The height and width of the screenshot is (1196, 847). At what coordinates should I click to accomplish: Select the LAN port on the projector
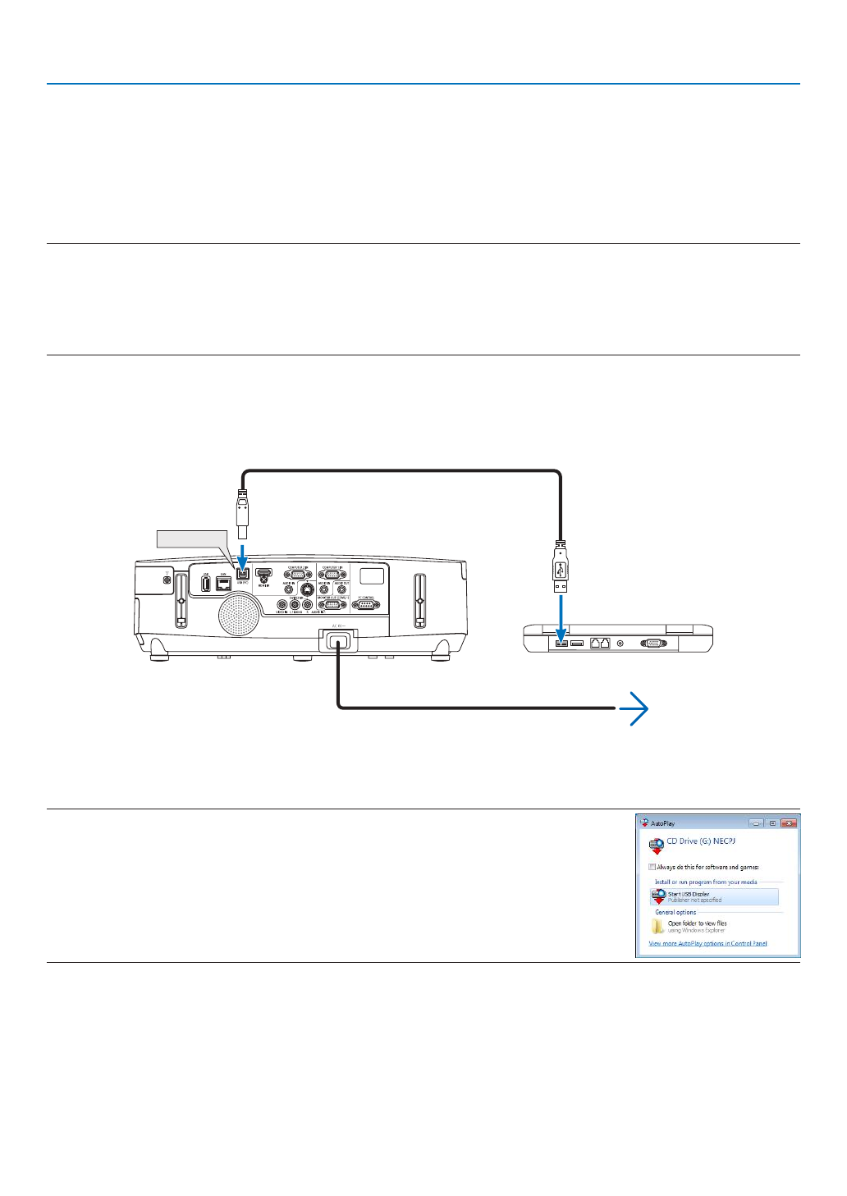pos(222,584)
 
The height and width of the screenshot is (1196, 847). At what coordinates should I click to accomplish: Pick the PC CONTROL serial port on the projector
pos(365,605)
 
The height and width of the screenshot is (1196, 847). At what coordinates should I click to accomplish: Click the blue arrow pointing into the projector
pos(242,553)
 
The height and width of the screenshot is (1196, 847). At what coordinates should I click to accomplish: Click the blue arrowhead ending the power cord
pos(636,708)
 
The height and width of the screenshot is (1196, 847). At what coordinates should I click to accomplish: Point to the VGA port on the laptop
pos(652,643)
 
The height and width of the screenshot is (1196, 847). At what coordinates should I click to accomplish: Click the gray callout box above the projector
pos(190,538)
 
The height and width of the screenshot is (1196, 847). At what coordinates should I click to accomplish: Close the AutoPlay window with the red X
pos(789,823)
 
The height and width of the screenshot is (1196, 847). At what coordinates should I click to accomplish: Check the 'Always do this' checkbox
pos(652,867)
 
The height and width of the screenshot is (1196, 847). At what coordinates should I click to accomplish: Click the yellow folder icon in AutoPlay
pos(657,927)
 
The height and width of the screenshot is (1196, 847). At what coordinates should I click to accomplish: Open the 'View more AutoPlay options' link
pos(707,943)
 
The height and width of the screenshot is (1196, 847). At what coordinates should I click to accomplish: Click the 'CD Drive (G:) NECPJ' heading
pos(701,841)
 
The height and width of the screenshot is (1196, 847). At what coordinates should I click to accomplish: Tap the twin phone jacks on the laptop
pos(599,643)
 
